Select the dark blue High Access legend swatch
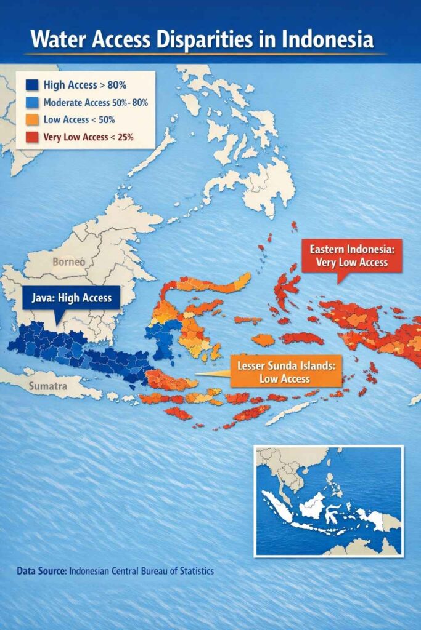(31, 86)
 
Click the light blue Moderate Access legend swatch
(31, 103)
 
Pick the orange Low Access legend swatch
(31, 120)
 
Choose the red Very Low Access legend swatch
(31, 137)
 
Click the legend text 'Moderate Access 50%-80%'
(96, 103)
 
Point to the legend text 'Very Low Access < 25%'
(89, 137)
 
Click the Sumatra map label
(47, 387)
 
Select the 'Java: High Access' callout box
(72, 298)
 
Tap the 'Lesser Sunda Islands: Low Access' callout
(285, 372)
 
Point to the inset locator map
(329, 501)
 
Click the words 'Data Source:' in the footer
(42, 571)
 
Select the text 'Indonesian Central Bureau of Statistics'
(142, 571)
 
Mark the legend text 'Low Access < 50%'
(80, 120)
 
